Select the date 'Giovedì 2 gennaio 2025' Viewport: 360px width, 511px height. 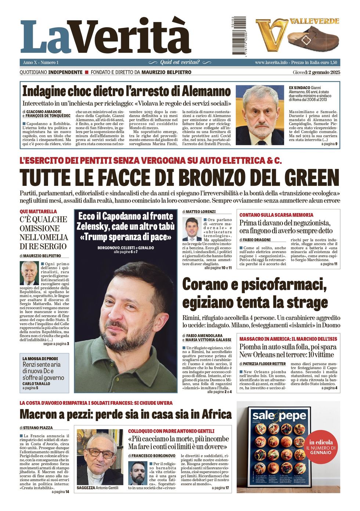click(316, 72)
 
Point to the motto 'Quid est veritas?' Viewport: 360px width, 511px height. click(180, 62)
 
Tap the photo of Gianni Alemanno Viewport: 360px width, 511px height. click(259, 115)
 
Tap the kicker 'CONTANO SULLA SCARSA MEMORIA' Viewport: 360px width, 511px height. click(276, 215)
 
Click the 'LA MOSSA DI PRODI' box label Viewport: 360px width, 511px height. click(40, 359)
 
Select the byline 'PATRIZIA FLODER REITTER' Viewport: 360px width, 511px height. click(264, 364)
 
